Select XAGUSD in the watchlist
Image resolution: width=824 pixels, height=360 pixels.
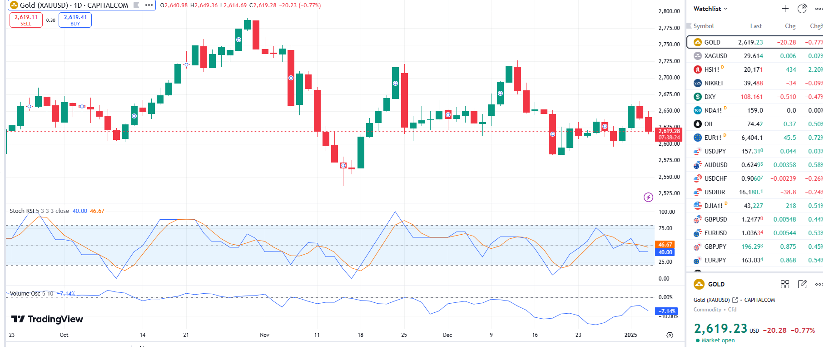(715, 56)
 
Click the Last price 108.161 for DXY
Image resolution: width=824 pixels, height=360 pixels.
(751, 97)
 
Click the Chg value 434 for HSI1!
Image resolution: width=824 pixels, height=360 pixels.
(790, 69)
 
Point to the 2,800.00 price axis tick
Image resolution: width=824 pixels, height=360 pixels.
(669, 11)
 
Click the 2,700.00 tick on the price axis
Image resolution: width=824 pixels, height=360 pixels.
(669, 78)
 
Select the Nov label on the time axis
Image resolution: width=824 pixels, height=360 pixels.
(264, 335)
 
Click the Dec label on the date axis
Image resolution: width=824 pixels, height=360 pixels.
(447, 335)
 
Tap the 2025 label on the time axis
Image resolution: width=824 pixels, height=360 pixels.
(630, 335)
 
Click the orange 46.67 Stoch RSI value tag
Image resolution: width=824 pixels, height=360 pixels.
(665, 245)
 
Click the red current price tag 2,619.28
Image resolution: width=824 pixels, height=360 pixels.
(669, 131)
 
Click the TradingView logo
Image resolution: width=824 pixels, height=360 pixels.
(47, 319)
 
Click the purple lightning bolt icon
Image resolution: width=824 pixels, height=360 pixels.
(648, 197)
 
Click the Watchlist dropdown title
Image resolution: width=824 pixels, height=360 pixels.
(710, 9)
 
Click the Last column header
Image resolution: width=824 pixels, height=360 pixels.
(756, 26)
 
